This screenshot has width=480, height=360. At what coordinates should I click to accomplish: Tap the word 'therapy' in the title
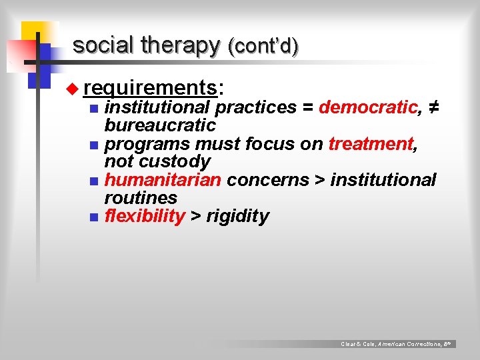pyautogui.click(x=179, y=45)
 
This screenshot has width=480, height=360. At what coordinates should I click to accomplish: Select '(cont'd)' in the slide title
pyautogui.click(x=263, y=46)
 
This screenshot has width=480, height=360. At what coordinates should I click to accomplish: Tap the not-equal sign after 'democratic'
pyautogui.click(x=432, y=107)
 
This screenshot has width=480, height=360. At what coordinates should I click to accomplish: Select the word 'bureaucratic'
pyautogui.click(x=160, y=125)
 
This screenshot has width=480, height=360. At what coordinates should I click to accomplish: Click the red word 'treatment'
pyautogui.click(x=371, y=143)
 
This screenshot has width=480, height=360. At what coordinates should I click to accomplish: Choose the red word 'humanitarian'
pyautogui.click(x=163, y=180)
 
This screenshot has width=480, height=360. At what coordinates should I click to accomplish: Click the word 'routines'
pyautogui.click(x=141, y=198)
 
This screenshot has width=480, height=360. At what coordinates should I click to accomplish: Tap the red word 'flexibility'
pyautogui.click(x=145, y=216)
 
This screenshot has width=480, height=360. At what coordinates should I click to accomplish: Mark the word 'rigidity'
pyautogui.click(x=238, y=216)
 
